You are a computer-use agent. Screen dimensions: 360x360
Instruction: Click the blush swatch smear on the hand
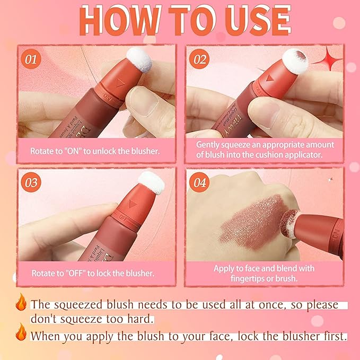[x=249, y=220]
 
